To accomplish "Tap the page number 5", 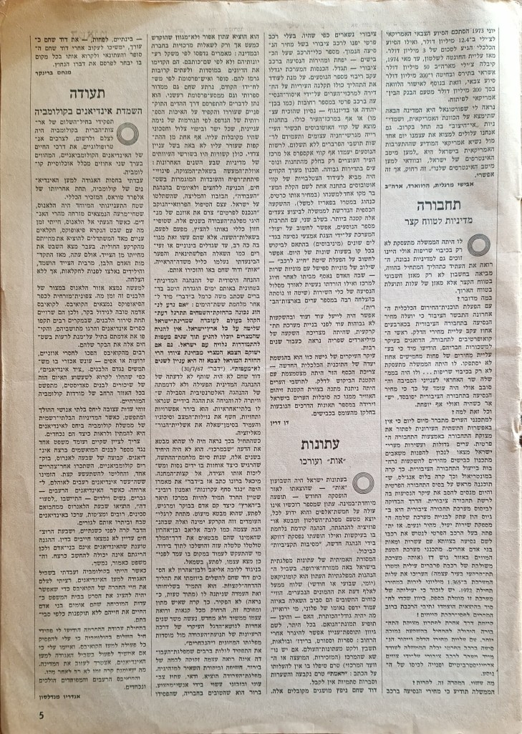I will [x=21, y=715].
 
